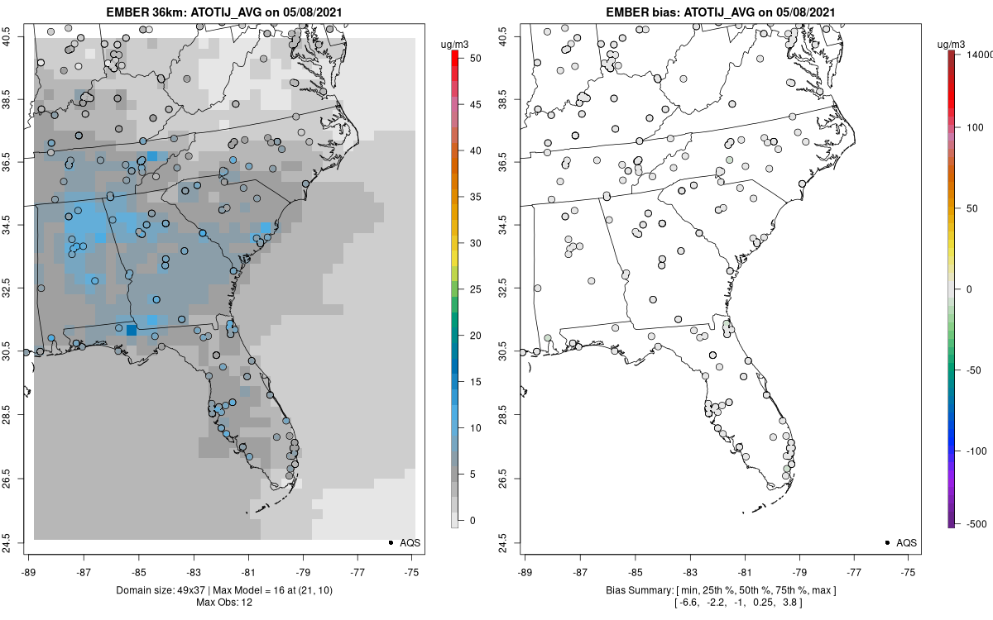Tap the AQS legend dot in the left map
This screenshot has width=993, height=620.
coord(390,542)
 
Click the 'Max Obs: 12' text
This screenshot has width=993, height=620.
coord(223,602)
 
